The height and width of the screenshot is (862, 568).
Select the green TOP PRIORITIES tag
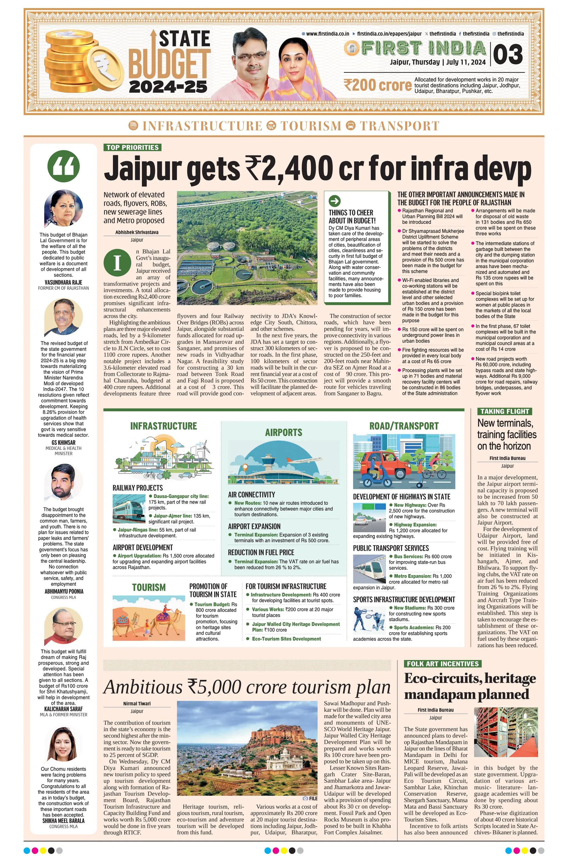(132, 147)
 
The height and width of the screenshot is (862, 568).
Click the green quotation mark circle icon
(64, 166)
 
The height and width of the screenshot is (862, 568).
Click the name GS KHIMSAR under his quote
(64, 443)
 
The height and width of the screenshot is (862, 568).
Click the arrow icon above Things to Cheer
(334, 201)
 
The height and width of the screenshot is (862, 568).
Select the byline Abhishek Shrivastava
(137, 232)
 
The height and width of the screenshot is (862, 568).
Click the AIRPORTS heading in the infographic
(283, 432)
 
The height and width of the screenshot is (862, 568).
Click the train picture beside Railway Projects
(129, 508)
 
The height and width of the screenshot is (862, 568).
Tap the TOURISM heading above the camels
(149, 588)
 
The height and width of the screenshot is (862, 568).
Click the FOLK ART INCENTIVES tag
(443, 664)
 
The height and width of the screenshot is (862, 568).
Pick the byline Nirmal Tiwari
(137, 703)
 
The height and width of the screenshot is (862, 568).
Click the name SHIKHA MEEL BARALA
(64, 821)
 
